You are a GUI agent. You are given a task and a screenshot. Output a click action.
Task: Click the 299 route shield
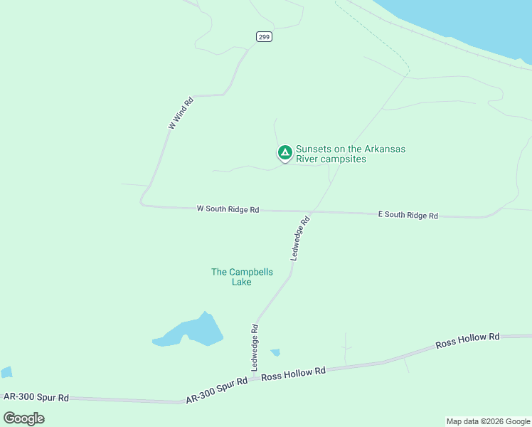pos(264,37)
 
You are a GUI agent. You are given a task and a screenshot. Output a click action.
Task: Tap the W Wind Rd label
pos(181,112)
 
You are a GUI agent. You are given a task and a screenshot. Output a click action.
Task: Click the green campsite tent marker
pos(284,152)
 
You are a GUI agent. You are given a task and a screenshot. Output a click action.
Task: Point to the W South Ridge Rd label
pos(228,209)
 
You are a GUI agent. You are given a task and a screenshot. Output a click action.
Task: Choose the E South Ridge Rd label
pos(408,214)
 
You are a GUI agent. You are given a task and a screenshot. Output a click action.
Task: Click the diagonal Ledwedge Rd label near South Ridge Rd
pos(302,238)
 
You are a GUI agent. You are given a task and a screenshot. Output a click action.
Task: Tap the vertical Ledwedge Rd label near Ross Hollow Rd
pos(254,347)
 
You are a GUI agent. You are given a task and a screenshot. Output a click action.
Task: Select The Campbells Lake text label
pos(242,276)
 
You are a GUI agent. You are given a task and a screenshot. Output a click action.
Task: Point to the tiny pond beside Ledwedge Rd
pos(275,352)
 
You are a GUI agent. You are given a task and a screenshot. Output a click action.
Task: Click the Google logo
pos(24,418)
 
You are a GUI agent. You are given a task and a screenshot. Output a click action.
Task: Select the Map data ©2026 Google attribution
pos(488,421)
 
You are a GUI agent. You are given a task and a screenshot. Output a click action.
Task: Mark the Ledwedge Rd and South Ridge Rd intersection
pos(310,212)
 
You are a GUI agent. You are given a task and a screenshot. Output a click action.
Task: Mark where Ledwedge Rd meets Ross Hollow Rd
pos(254,375)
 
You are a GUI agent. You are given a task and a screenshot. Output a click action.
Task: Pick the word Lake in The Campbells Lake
pos(242,282)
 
